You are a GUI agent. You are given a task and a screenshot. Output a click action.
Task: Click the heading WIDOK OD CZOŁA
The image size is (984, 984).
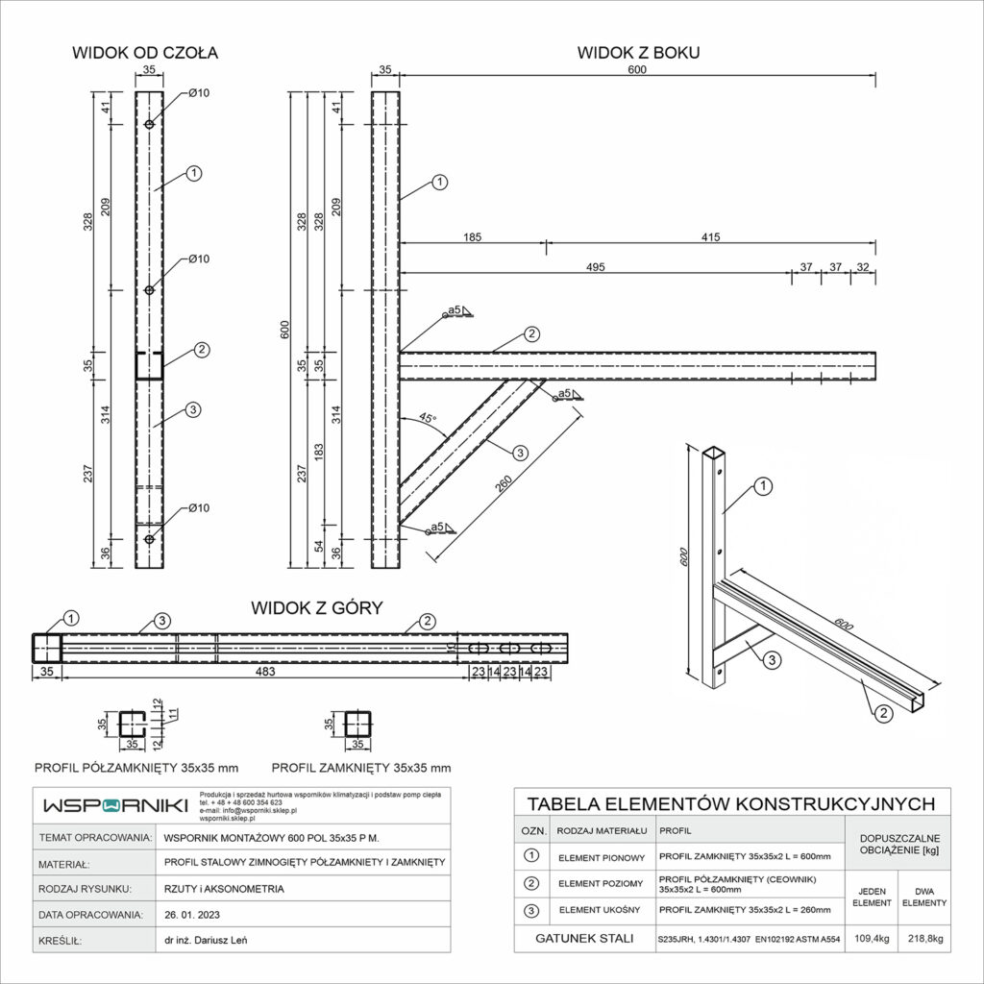145,53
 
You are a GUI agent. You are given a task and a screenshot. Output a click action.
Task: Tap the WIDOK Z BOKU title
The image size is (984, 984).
638,53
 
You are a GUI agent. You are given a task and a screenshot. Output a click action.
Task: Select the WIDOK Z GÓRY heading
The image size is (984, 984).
317,607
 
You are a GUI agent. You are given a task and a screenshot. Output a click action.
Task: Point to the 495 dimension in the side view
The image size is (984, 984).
595,267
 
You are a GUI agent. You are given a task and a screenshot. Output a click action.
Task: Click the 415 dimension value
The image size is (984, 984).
710,235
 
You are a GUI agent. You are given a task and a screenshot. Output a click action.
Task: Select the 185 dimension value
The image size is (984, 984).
472,235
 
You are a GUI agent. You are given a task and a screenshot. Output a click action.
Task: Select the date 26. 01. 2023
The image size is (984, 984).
195,914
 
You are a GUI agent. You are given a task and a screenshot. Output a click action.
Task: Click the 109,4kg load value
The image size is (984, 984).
870,939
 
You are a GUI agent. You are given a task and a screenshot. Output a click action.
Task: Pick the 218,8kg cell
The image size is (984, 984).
923,939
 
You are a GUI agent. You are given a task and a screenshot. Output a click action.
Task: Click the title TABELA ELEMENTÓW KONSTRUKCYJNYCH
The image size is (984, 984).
732,803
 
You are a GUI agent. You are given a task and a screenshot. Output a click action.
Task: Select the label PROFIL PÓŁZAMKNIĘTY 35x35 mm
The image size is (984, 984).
136,768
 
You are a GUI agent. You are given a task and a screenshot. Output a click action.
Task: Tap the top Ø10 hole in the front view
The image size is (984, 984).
149,125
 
